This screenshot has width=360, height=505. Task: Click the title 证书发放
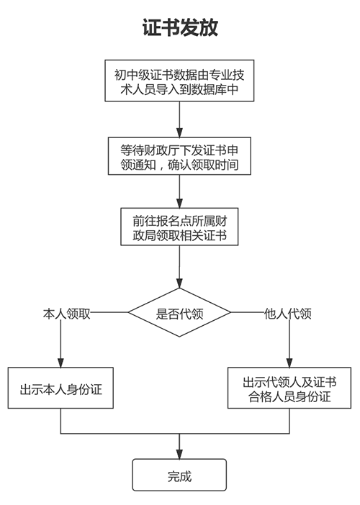pos(179,27)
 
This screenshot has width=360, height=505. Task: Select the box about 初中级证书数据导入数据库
pos(179,80)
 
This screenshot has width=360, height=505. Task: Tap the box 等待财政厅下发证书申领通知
pos(179,156)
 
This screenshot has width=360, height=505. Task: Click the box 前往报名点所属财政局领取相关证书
pos(179,227)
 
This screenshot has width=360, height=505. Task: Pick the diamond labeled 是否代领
pos(179,313)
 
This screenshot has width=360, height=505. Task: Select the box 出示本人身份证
pos(60,389)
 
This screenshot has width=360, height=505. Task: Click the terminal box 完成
pos(179,476)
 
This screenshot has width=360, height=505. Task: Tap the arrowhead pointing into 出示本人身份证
pos(60,361)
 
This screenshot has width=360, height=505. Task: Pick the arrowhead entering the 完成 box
pos(179,453)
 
